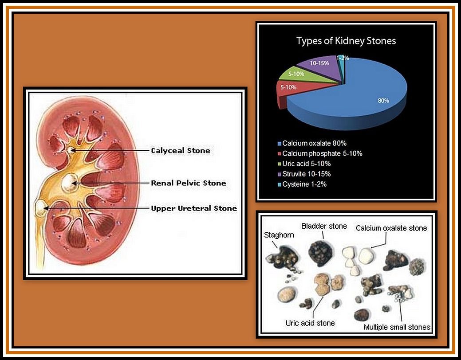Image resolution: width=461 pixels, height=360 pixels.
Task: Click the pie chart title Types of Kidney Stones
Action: pyautogui.click(x=346, y=41)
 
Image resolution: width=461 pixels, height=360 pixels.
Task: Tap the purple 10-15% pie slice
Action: pyautogui.click(x=320, y=67)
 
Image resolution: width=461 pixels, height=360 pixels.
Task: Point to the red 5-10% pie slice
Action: pyautogui.click(x=294, y=90)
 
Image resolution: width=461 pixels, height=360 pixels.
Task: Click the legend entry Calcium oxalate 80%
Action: pyautogui.click(x=312, y=143)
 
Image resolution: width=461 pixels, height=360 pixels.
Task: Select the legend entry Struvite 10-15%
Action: pyautogui.click(x=304, y=174)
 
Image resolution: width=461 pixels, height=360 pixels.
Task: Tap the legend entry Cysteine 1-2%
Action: pyautogui.click(x=302, y=184)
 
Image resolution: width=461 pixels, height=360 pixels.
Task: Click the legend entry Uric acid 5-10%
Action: pyautogui.click(x=304, y=164)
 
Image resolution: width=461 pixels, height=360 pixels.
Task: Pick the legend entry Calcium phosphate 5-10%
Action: pyautogui.click(x=320, y=153)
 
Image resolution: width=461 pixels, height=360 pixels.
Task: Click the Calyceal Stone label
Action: pyautogui.click(x=181, y=150)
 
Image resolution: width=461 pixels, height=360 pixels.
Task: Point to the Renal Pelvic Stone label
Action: pyautogui.click(x=189, y=183)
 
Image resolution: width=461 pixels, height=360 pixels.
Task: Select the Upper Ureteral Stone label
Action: pyautogui.click(x=194, y=208)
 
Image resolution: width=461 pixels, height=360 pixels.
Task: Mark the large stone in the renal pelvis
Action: pyautogui.click(x=69, y=183)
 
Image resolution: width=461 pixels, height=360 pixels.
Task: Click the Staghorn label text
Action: pyautogui.click(x=279, y=235)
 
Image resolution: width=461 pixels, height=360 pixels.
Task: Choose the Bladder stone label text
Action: pyautogui.click(x=324, y=226)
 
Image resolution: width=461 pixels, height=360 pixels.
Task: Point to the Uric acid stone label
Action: pyautogui.click(x=310, y=323)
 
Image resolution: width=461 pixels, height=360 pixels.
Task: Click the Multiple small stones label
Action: pyautogui.click(x=397, y=327)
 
